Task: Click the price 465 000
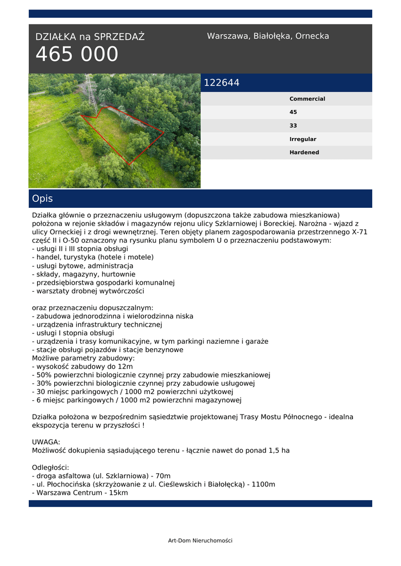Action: click(77, 55)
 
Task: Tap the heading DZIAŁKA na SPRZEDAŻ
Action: click(90, 37)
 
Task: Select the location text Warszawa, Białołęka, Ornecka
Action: click(268, 36)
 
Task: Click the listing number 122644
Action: click(222, 83)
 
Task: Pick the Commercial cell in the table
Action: click(307, 99)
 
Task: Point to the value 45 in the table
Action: click(293, 112)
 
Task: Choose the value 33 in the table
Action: click(293, 125)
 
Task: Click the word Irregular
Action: click(303, 139)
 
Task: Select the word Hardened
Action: click(304, 153)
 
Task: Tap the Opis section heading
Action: click(43, 198)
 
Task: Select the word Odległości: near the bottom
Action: click(50, 467)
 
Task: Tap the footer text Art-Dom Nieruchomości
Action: click(200, 541)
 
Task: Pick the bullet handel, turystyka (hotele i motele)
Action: click(93, 257)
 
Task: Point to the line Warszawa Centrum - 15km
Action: click(80, 492)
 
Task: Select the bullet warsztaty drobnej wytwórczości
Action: click(88, 291)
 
